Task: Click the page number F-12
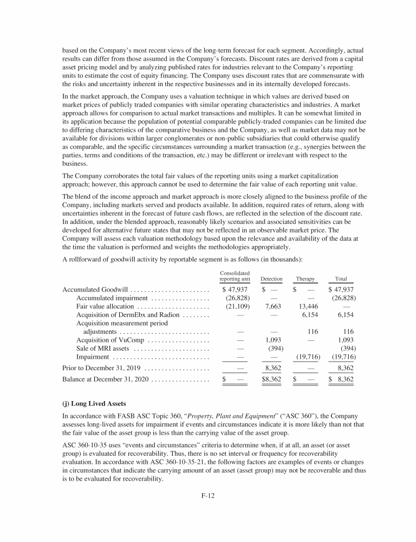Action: pyautogui.click(x=208, y=495)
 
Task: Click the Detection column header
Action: pyautogui.click(x=271, y=279)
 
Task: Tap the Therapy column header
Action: pyautogui.click(x=305, y=279)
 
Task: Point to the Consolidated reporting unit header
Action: pyautogui.click(x=235, y=276)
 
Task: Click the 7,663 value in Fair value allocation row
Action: pyautogui.click(x=271, y=306)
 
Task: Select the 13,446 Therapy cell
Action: pyautogui.click(x=308, y=306)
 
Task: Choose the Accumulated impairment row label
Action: pyautogui.click(x=113, y=298)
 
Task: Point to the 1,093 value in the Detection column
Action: pyautogui.click(x=271, y=340)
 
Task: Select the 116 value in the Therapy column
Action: pyautogui.click(x=311, y=332)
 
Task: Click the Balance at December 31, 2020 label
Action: pyautogui.click(x=106, y=379)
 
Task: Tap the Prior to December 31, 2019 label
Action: pyautogui.click(x=101, y=369)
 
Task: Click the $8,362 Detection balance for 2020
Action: pyautogui.click(x=271, y=379)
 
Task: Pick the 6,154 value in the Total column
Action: pyautogui.click(x=346, y=315)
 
